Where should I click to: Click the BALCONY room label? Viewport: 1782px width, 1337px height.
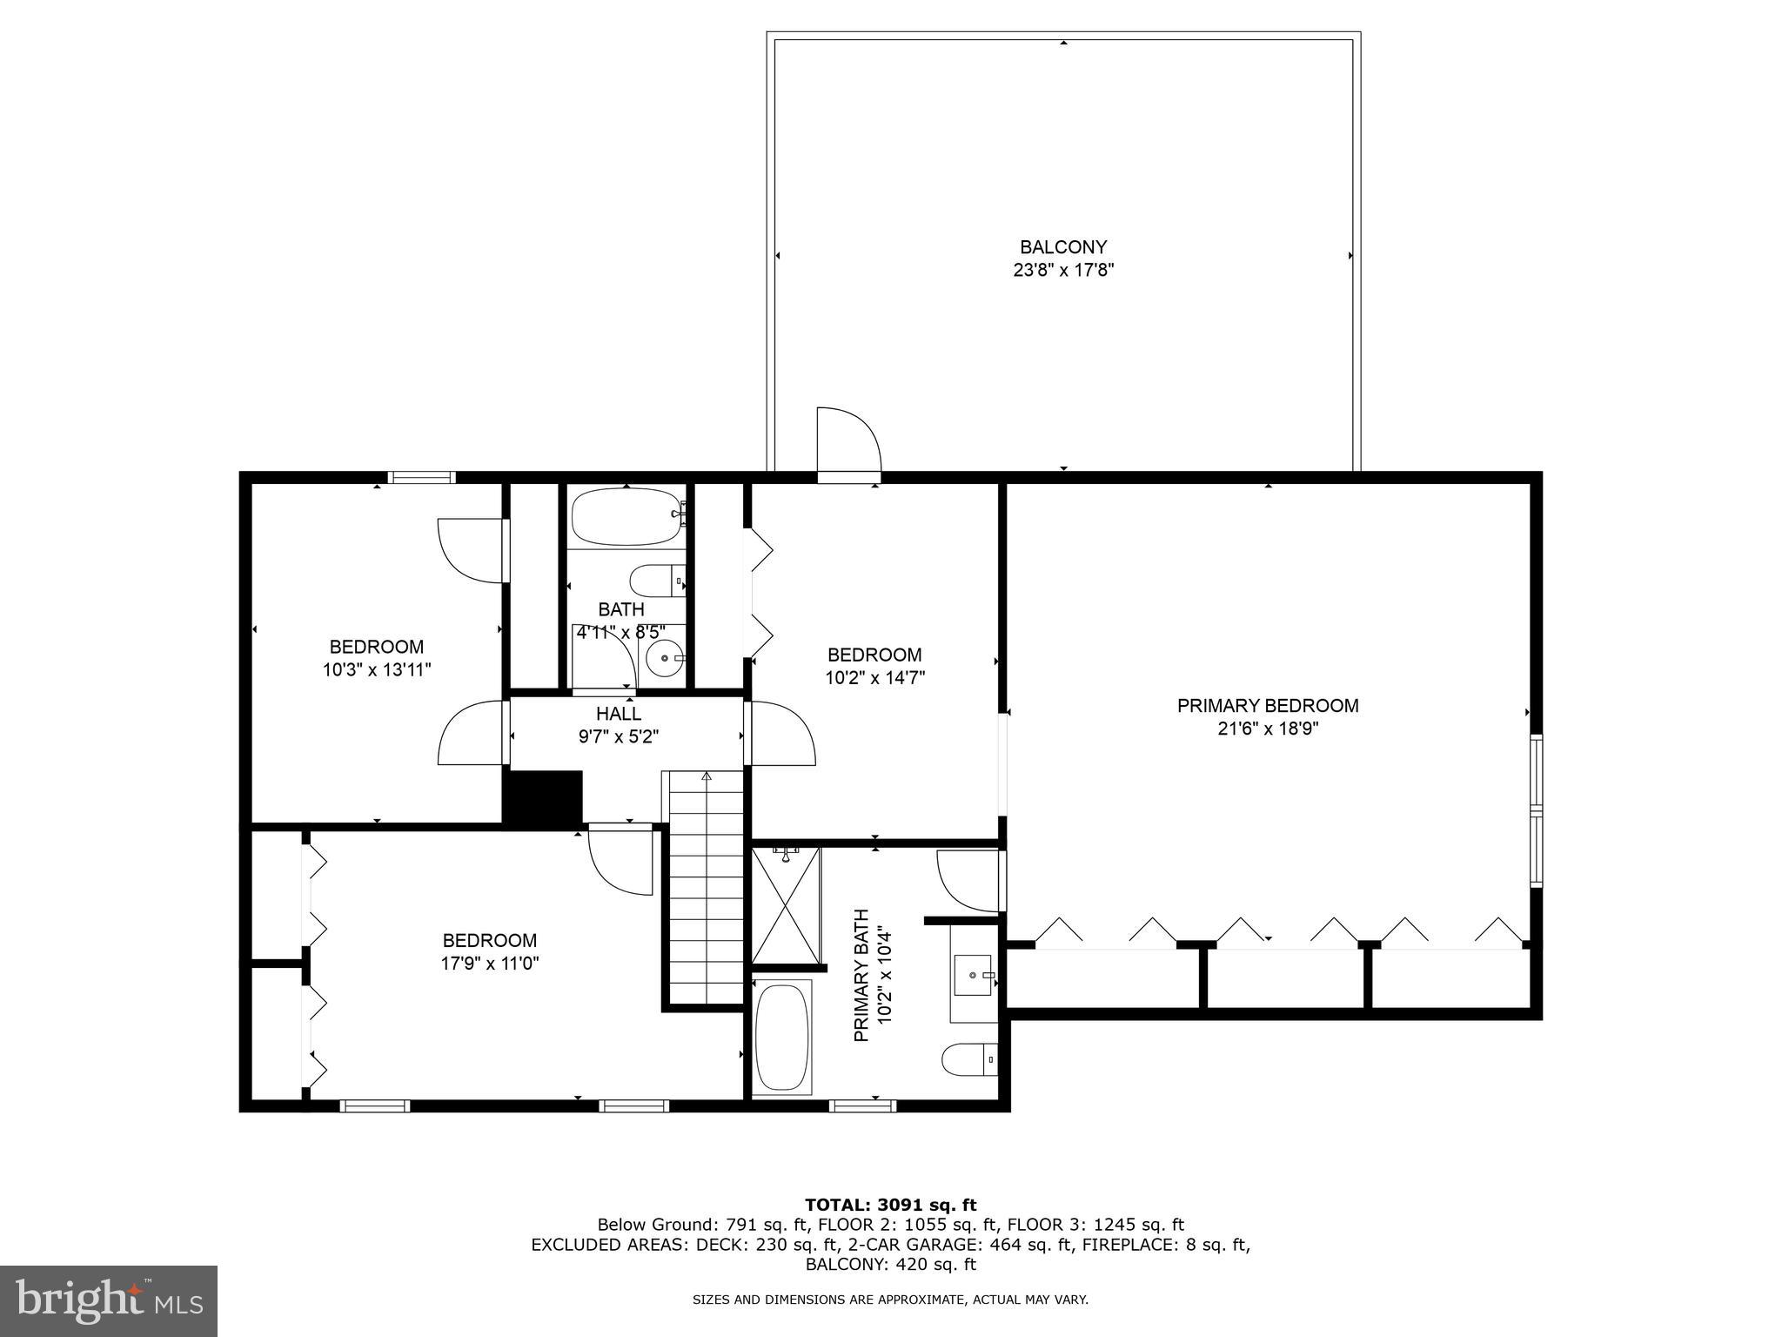[1063, 247]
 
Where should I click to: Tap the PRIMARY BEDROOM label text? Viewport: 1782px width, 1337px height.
[1268, 706]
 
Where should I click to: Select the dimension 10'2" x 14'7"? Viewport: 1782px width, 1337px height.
[874, 678]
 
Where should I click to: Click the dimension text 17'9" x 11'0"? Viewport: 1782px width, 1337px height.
[490, 964]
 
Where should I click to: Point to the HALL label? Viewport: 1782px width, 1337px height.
[619, 714]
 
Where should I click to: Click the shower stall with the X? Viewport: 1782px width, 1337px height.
[786, 906]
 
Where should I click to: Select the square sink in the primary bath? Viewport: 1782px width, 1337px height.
[974, 975]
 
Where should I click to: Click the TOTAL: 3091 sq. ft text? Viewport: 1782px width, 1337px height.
[890, 1206]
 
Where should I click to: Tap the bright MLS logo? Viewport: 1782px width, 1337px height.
[109, 1301]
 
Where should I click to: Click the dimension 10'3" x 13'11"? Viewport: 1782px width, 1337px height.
[377, 670]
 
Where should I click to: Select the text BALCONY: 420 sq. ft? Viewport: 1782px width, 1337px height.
[890, 1265]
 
